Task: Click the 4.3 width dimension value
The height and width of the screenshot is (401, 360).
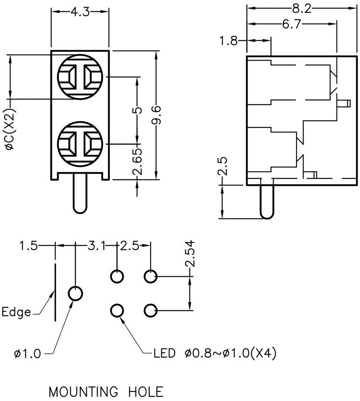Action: click(x=80, y=12)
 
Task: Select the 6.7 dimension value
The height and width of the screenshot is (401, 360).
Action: click(x=292, y=24)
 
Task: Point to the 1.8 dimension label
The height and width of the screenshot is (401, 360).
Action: click(x=228, y=41)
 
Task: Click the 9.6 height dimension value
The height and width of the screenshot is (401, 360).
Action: click(x=157, y=115)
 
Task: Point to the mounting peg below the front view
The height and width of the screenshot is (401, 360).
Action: click(x=80, y=194)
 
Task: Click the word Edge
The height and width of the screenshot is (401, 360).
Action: click(x=16, y=313)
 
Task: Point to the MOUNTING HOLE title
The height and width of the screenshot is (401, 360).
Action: click(x=106, y=392)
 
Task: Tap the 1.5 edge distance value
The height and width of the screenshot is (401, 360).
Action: click(x=28, y=245)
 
